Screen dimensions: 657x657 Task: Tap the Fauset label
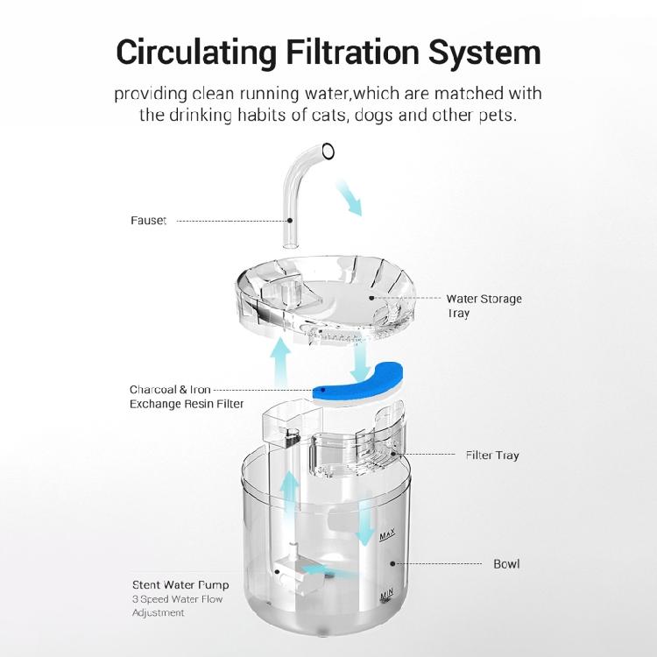[x=148, y=221]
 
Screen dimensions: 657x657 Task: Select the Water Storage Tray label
[x=484, y=306]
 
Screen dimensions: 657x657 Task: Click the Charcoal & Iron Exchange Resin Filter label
[x=187, y=396]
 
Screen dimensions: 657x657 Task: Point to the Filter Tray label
[x=492, y=456]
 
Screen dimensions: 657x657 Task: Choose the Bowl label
[x=506, y=563]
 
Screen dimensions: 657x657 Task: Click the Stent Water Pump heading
[x=180, y=584]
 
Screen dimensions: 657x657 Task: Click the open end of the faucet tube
[x=328, y=152]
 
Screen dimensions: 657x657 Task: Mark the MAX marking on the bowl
[x=388, y=534]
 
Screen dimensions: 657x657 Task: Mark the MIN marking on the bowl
[x=387, y=597]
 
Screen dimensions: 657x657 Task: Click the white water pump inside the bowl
[x=289, y=574]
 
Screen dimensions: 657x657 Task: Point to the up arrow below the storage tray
[x=281, y=358]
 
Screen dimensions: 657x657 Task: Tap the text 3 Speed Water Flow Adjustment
[x=178, y=606]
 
